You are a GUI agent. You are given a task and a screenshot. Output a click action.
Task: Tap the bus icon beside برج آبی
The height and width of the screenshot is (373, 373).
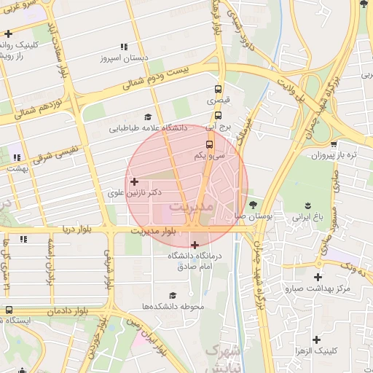tap(218, 115)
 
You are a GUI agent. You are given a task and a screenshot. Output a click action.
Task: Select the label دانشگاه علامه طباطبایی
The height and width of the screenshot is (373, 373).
tap(149, 128)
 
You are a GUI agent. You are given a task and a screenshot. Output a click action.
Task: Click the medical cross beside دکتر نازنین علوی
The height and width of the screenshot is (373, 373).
tap(133, 181)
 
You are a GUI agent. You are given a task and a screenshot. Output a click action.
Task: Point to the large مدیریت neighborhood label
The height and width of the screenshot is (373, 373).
tap(192, 208)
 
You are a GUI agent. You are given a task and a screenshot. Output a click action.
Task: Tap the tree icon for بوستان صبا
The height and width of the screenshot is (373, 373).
tap(253, 205)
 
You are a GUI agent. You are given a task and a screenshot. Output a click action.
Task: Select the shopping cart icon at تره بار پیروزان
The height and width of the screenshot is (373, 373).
tap(334, 145)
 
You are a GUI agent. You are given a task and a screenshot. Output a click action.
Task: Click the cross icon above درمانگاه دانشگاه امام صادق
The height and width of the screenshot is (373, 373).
tap(195, 245)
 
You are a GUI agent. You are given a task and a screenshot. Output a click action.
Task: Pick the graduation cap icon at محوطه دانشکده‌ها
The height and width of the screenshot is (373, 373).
tap(173, 295)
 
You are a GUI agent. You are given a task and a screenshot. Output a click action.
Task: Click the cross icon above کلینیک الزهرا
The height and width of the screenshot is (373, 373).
tap(317, 339)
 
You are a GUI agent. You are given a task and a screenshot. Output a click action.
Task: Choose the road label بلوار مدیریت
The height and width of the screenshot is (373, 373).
tap(154, 230)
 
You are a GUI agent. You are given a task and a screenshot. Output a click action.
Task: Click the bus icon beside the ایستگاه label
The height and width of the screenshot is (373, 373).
tap(9, 310)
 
